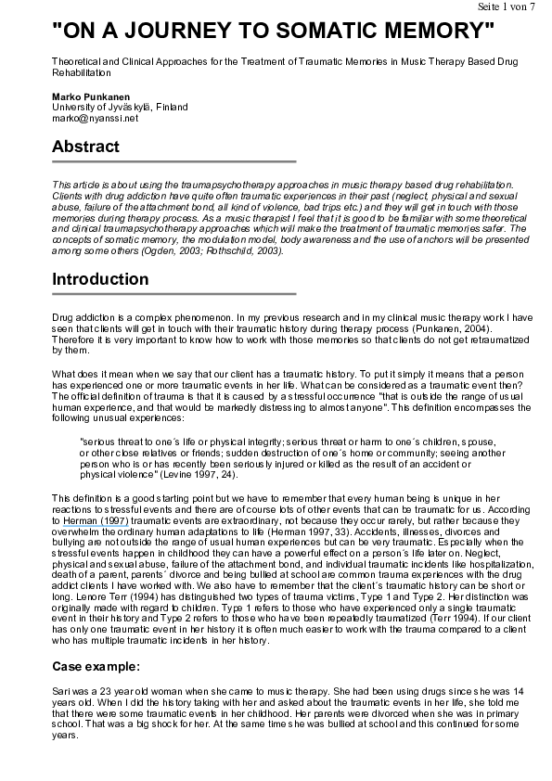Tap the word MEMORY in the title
click(x=429, y=31)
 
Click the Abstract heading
click(x=85, y=147)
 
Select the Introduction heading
click(x=100, y=279)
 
